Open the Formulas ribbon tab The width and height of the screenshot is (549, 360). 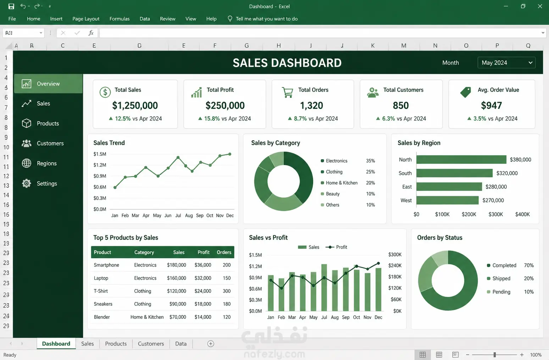120,19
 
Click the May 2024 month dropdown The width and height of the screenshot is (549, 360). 506,63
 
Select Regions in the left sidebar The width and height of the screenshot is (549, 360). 46,163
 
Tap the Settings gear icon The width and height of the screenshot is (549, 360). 27,184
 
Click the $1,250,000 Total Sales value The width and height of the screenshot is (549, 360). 135,106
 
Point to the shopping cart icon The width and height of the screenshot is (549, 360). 288,92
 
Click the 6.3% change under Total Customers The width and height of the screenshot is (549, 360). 388,119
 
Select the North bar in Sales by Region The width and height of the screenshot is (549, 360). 461,159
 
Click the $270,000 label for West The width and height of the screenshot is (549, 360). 493,200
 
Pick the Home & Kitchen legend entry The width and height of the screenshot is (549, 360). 342,183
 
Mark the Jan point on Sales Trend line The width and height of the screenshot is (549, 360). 115,187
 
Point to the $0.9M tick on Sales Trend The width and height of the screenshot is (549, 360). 100,176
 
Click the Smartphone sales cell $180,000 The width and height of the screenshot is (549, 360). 177,265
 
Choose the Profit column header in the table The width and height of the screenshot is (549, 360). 204,252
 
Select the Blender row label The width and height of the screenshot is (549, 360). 102,317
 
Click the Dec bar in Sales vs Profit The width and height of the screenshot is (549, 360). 378,289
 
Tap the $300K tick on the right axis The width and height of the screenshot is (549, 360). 395,254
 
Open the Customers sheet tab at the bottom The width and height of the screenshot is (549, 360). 151,344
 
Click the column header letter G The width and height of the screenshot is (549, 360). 246,46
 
